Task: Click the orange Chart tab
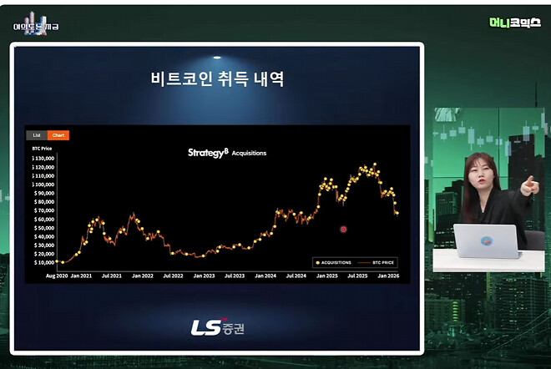[58, 134]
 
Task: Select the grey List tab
[36, 134]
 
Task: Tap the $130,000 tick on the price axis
[43, 158]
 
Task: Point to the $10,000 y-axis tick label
[44, 262]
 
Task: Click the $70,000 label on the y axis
[44, 210]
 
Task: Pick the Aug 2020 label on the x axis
[56, 275]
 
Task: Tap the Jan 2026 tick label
[387, 275]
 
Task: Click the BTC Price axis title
[42, 147]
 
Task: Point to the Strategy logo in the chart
[207, 153]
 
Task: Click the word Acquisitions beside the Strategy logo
[249, 154]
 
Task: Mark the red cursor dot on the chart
[343, 229]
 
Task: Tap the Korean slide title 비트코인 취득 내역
[216, 80]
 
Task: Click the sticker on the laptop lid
[487, 241]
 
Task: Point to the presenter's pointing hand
[528, 185]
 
